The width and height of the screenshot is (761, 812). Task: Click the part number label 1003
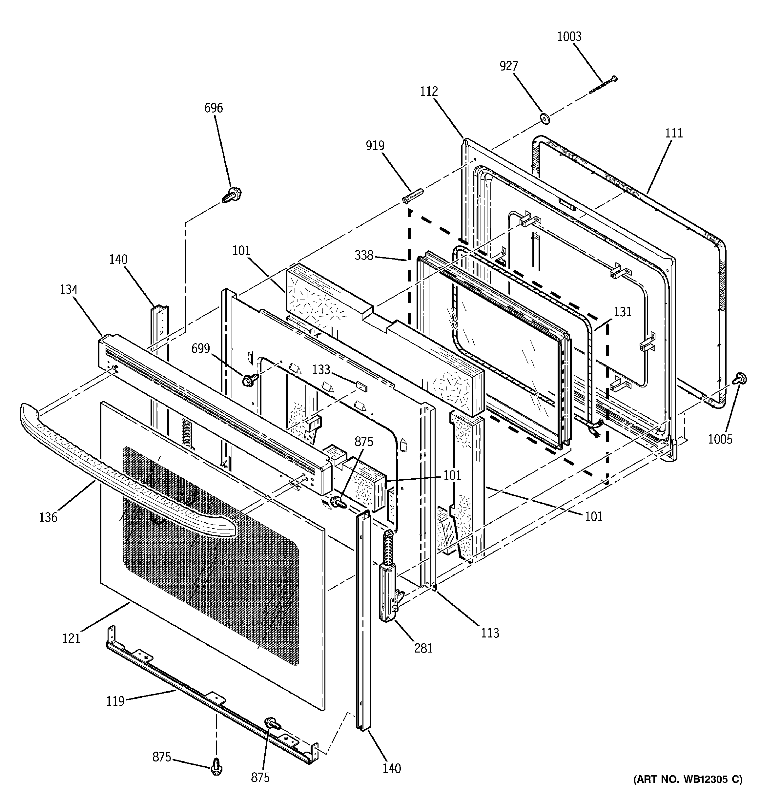coord(569,37)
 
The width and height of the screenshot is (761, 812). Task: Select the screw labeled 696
coord(231,195)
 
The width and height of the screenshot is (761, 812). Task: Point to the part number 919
coord(375,146)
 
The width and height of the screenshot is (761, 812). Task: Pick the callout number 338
coord(364,255)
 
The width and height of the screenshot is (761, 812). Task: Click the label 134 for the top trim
coord(68,290)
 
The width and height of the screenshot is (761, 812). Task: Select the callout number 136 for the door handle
coord(48,517)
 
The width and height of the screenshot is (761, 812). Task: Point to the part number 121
coord(71,638)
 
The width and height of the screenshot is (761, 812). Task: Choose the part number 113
coord(490,633)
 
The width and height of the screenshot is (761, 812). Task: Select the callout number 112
coord(428,92)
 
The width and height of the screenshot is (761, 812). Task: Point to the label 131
coord(622,312)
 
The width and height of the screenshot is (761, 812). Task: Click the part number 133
coord(321,370)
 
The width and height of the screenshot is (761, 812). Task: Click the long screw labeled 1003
coord(603,85)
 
